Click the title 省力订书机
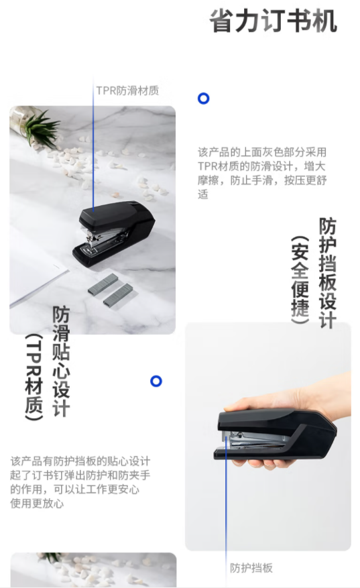[273, 21]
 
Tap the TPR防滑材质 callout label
[127, 91]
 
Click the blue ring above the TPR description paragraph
[203, 99]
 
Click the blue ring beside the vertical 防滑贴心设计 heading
[156, 381]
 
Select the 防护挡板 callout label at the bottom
[251, 568]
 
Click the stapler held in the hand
[276, 435]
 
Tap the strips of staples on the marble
[111, 289]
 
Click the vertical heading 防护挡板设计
[327, 273]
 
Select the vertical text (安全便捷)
[300, 280]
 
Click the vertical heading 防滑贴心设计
[61, 361]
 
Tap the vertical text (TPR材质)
[34, 377]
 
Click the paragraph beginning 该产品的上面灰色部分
[262, 173]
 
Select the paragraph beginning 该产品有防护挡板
[80, 482]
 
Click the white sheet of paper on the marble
[34, 270]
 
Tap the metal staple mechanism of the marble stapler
[103, 237]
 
